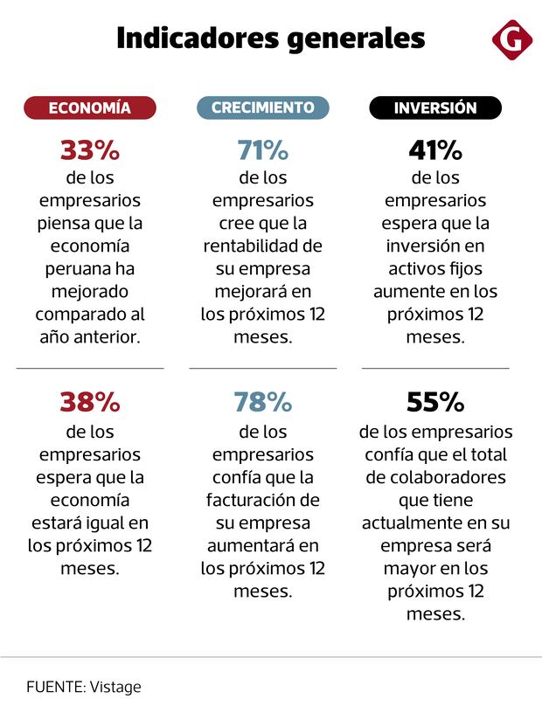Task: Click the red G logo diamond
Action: pos(511,39)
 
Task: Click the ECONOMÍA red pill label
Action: pos(90,108)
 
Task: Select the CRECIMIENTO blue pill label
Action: pos(262,108)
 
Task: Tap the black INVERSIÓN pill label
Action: pos(435,108)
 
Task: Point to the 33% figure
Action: pos(90,151)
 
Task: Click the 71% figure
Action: pos(262,151)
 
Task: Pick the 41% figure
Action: pos(435,151)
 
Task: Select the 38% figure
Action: pos(90,402)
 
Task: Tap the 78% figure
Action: pos(262,402)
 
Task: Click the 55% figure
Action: pos(435,402)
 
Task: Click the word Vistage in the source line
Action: pos(115,687)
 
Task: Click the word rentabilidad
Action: pos(250,246)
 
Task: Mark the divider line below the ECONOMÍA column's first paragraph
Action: pos(90,369)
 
